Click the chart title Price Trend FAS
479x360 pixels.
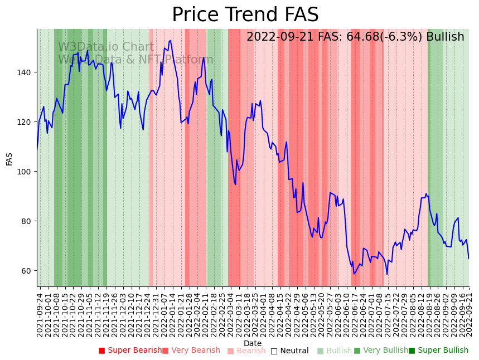245,15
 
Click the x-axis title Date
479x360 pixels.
253,344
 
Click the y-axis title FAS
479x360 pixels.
9,159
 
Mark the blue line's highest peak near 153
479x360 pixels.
170,40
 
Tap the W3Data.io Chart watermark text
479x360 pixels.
106,47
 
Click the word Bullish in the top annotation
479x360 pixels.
445,37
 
